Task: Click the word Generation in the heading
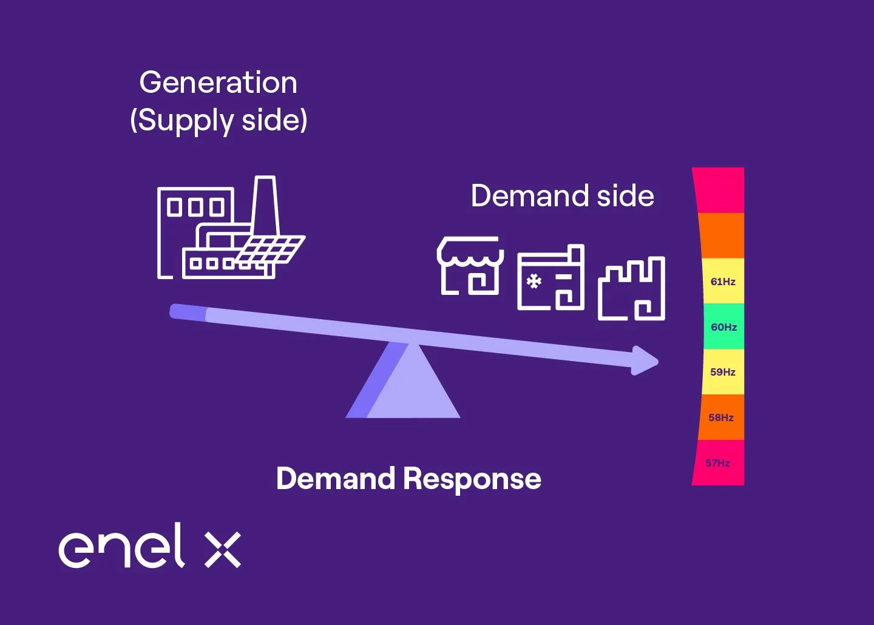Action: [218, 83]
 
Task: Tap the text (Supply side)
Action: [218, 120]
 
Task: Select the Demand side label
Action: [563, 196]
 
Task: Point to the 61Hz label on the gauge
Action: [723, 282]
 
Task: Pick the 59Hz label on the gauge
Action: [723, 372]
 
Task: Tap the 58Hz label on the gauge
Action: [721, 417]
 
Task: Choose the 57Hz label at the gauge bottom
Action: [717, 463]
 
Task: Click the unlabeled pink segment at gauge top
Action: [720, 190]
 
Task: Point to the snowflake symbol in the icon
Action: [534, 282]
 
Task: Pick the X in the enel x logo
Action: [223, 549]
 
